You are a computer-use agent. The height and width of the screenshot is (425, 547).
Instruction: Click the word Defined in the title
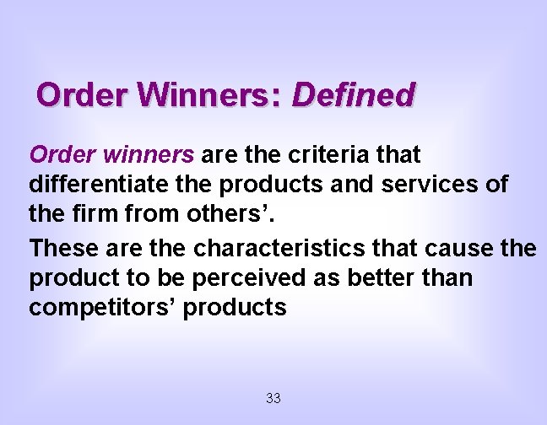[x=353, y=94]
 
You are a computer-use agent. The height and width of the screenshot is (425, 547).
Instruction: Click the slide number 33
[x=273, y=398]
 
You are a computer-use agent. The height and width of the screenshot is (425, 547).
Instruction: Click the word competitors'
[x=102, y=308]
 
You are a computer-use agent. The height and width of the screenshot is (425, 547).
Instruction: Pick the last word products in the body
[x=236, y=308]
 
